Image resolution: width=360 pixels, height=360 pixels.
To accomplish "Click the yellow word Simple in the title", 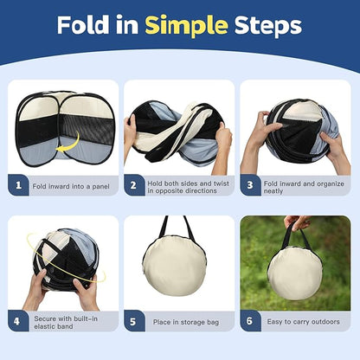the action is pyautogui.click(x=186, y=26).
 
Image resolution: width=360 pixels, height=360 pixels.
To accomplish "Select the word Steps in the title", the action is pyautogui.click(x=268, y=26).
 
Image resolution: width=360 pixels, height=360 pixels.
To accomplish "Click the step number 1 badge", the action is pyautogui.click(x=18, y=185).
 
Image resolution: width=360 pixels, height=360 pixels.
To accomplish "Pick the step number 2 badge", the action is pyautogui.click(x=134, y=185).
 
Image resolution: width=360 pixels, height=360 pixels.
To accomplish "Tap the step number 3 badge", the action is pyautogui.click(x=251, y=185).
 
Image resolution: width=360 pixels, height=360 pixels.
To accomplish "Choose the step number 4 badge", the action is pyautogui.click(x=18, y=321).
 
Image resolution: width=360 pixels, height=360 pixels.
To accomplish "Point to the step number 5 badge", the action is pyautogui.click(x=134, y=321).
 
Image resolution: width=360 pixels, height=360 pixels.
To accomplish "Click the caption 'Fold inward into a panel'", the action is pyautogui.click(x=71, y=186).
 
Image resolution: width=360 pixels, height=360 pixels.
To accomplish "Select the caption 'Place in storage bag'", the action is pyautogui.click(x=186, y=322).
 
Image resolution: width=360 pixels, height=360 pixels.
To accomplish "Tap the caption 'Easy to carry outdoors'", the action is pyautogui.click(x=303, y=322).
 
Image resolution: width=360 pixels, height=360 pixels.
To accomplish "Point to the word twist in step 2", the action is pyautogui.click(x=222, y=183).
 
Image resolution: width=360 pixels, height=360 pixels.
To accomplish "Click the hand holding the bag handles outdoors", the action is pyautogui.click(x=297, y=222).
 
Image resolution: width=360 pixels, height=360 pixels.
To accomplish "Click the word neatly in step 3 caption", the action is pyautogui.click(x=273, y=191).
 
